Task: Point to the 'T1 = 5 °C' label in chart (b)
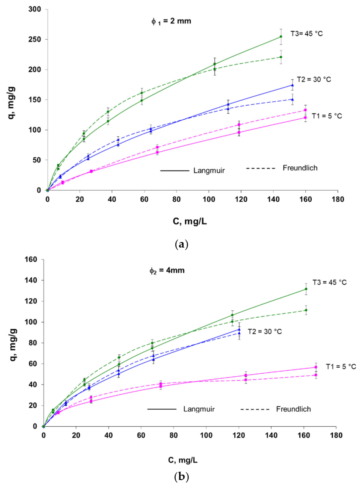(x=341, y=366)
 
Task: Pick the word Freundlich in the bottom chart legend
(x=293, y=409)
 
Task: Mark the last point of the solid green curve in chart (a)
(x=281, y=36)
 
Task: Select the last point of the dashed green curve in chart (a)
(x=281, y=57)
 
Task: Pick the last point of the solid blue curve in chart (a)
(x=292, y=85)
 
